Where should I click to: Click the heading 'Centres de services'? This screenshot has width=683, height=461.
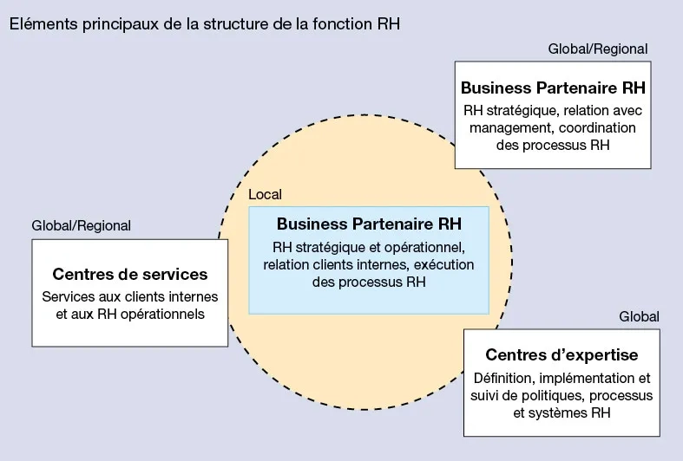130,275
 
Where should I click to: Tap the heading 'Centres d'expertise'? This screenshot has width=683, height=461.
562,355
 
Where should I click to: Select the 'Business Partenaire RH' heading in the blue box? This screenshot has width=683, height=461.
369,223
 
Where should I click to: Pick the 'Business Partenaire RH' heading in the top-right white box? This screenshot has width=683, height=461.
553,88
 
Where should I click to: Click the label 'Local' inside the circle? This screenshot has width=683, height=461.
265,195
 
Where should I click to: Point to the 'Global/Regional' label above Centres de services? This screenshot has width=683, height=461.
81,225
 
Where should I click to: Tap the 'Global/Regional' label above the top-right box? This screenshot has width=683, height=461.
598,49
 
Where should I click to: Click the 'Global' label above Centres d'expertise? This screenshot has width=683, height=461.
639,316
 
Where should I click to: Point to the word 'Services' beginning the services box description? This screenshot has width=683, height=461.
67,296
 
